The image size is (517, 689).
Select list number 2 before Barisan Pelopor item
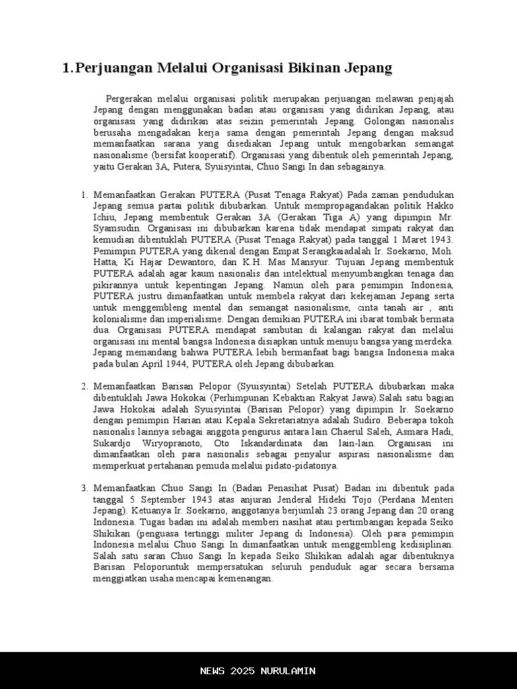85,386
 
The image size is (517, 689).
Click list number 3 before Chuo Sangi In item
85,487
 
